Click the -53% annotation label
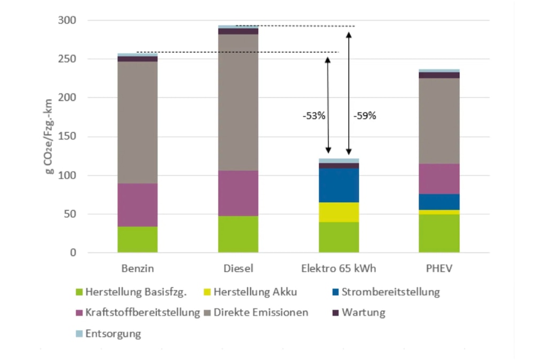tap(313, 116)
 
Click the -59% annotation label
tap(365, 116)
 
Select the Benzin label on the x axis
tap(137, 268)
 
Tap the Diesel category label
tap(238, 268)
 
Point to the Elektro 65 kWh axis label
tap(338, 268)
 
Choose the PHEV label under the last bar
tap(439, 268)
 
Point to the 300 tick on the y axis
tap(67, 20)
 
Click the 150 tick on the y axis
tap(67, 136)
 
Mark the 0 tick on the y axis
tap(73, 252)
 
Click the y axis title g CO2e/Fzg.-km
tap(49, 136)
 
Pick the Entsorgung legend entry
tap(113, 334)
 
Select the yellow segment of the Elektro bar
tap(338, 212)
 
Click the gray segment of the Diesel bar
tap(238, 102)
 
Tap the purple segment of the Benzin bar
tap(137, 205)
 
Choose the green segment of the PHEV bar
tap(439, 233)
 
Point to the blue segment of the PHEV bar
tap(439, 202)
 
